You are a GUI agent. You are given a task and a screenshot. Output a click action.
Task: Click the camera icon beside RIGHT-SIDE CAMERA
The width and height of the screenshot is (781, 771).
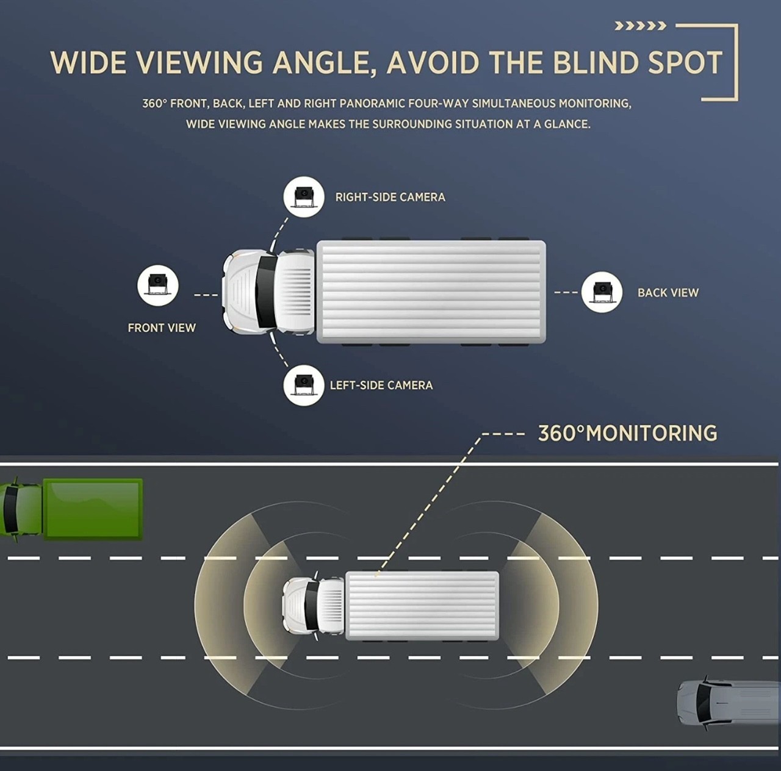tap(304, 196)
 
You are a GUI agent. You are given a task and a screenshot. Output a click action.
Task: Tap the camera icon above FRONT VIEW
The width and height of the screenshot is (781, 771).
tap(157, 285)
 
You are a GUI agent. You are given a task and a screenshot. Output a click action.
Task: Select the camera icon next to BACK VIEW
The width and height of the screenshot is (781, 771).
tap(602, 292)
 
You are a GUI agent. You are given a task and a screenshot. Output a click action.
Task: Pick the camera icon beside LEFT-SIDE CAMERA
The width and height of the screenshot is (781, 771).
tap(304, 385)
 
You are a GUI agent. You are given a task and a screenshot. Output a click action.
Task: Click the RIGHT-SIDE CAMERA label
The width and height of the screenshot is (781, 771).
tap(390, 198)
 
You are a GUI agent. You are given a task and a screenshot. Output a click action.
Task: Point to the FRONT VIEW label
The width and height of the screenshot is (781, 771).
tap(162, 328)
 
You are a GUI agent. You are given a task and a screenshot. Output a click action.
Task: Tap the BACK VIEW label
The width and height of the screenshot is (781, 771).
tap(668, 293)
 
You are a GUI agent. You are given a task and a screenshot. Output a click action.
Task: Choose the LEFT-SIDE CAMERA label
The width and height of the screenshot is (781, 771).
tap(381, 385)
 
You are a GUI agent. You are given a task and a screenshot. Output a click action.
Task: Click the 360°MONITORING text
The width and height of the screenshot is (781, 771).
tap(627, 433)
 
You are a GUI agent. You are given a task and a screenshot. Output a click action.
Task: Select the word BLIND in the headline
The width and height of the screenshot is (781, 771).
tap(595, 63)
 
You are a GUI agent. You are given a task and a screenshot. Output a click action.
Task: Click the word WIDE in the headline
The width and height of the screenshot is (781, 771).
tap(88, 63)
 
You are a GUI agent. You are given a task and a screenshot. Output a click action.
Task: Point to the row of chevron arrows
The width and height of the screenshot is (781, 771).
tap(641, 26)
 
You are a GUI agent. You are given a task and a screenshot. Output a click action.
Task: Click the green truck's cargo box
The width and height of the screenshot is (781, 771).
tap(93, 509)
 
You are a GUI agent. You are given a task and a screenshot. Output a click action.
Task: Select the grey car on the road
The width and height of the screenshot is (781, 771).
tap(729, 703)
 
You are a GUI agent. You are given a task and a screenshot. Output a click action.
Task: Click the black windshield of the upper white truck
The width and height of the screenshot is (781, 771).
tap(266, 292)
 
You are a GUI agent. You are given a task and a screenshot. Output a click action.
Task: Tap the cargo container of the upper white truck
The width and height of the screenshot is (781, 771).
tap(431, 292)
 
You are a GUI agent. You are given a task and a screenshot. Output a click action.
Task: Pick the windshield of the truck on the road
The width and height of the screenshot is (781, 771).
tap(312, 606)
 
